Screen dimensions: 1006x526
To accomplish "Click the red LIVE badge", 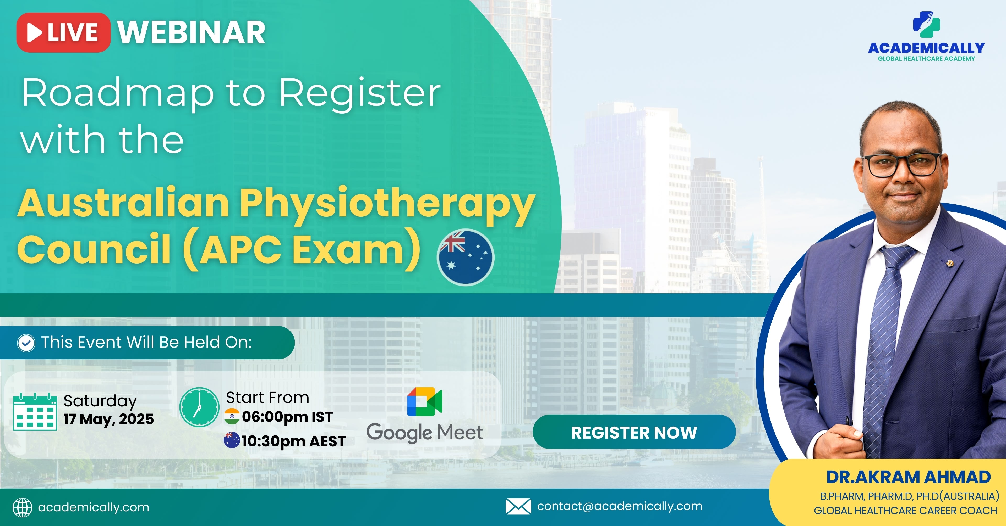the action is coord(63,32).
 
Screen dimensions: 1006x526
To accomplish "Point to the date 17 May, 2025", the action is coord(108,419).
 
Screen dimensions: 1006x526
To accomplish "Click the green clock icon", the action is coord(199,407).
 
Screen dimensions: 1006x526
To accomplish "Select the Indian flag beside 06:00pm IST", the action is coord(232,416).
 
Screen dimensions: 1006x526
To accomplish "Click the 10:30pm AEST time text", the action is coord(293,441).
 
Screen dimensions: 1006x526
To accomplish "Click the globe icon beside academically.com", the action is coord(22,507).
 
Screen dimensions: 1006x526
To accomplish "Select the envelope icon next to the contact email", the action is coord(518,506).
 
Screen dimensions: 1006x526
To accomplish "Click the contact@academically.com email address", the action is coord(620,506).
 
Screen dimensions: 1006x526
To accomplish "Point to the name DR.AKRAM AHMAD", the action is coord(908,477).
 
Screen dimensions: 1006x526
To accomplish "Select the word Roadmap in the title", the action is coord(118,93).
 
